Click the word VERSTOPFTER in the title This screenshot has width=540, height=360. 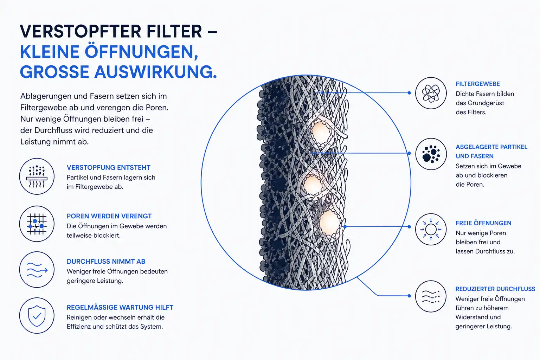pyautogui.click(x=81, y=31)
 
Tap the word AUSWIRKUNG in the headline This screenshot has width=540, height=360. pyautogui.click(x=155, y=72)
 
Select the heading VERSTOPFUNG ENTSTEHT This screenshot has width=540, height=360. pyautogui.click(x=109, y=167)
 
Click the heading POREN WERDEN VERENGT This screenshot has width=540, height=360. pyautogui.click(x=109, y=216)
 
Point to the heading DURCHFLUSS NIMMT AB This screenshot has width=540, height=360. pyautogui.click(x=106, y=261)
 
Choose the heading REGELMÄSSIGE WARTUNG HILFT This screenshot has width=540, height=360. pyautogui.click(x=120, y=307)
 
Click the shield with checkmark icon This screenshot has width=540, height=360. pyautogui.click(x=37, y=316)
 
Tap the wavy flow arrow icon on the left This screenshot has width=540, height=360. pyautogui.click(x=37, y=270)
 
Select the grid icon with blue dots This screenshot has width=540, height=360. pyautogui.click(x=37, y=224)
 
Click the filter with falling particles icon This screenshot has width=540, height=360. pyautogui.click(x=37, y=176)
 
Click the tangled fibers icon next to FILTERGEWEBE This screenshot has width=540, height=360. pyautogui.click(x=431, y=93)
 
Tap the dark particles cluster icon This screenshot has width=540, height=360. pyautogui.click(x=431, y=154)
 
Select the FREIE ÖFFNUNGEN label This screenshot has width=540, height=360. pyautogui.click(x=483, y=223)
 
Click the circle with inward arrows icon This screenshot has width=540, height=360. pyautogui.click(x=431, y=229)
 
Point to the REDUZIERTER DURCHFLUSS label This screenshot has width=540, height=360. pyautogui.click(x=495, y=289)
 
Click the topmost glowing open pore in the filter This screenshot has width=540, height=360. pyautogui.click(x=321, y=133)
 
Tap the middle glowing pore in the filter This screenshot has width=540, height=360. pyautogui.click(x=313, y=185)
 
